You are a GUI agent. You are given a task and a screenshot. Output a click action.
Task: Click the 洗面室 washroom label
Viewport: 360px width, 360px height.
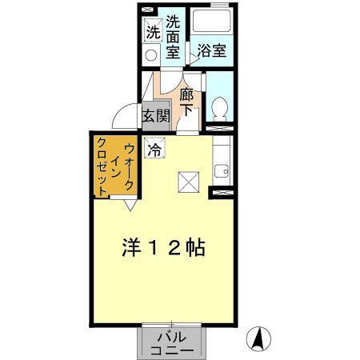click(172, 37)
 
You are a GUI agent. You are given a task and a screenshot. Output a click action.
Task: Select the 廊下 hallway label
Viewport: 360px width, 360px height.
click(186, 102)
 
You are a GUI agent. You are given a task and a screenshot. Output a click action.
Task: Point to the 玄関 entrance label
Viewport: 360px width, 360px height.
click(155, 115)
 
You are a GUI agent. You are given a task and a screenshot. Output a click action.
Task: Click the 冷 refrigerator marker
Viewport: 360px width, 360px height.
click(154, 148)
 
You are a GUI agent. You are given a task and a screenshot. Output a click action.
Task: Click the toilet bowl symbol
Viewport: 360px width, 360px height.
click(219, 106)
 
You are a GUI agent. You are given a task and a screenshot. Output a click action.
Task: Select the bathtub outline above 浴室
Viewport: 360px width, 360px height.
click(212, 23)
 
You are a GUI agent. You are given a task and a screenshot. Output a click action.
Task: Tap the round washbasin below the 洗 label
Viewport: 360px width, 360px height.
click(150, 54)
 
